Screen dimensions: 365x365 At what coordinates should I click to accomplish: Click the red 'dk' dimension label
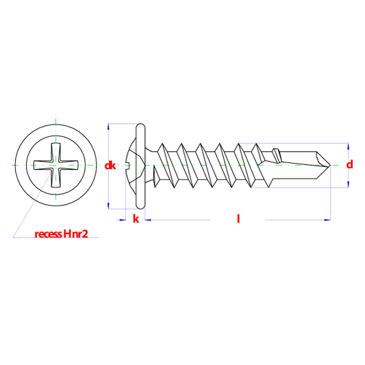coord(110,166)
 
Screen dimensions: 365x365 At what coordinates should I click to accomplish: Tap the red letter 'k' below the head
coord(136,219)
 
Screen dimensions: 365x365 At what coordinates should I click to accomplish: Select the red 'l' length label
coord(238,219)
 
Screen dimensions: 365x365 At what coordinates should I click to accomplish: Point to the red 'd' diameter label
coord(349,164)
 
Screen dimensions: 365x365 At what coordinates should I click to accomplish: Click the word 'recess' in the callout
coord(48,234)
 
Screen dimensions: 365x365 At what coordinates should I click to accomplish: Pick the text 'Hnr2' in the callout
coord(75,234)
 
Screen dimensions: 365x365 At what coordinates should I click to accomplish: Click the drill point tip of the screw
coord(330,165)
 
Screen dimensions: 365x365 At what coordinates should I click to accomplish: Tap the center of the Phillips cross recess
coord(56,165)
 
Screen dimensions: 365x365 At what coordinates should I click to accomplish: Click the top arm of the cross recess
coord(56,151)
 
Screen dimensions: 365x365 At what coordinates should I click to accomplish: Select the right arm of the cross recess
coord(68,165)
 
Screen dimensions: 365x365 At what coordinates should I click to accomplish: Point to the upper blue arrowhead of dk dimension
coord(108,127)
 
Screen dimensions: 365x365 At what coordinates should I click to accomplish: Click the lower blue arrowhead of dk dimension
coord(108,206)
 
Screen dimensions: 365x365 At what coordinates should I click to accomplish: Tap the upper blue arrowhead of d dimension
coord(349,146)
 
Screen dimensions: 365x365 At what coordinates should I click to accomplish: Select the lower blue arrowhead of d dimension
coord(349,184)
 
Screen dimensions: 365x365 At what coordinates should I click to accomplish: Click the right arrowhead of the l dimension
coord(327,220)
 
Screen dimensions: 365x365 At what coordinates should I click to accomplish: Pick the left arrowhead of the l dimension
coord(148,220)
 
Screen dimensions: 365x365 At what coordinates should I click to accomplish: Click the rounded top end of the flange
coord(140,126)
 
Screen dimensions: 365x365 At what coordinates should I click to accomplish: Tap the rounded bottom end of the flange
coord(140,206)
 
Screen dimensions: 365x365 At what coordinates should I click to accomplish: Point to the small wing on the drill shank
coord(277,155)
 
